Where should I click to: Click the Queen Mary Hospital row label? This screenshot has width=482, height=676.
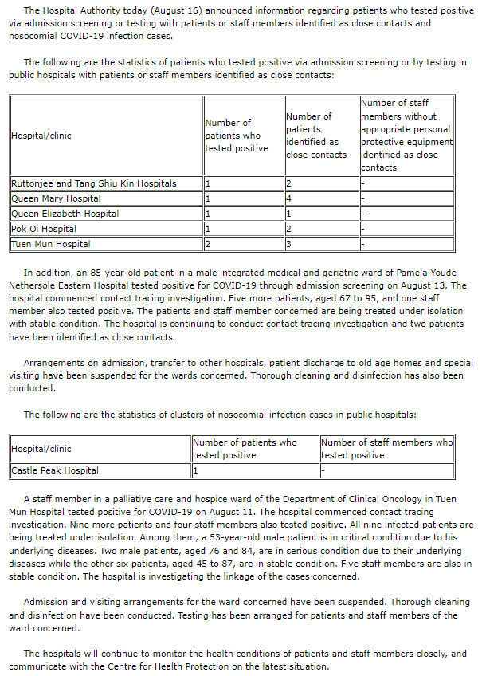coord(56,198)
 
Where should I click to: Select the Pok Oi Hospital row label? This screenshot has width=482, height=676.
coord(44,229)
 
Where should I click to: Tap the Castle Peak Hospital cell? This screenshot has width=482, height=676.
coord(55,470)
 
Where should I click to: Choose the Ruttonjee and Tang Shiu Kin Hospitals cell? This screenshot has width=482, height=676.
coord(94,183)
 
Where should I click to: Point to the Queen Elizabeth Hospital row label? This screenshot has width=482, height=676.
coord(65,214)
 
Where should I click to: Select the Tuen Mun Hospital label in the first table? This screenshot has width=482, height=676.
coord(51,244)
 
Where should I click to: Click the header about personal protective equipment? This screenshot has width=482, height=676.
coord(406,136)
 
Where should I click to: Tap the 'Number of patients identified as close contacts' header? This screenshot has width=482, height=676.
coord(316,136)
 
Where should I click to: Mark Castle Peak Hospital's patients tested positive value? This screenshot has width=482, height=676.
coord(195,470)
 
